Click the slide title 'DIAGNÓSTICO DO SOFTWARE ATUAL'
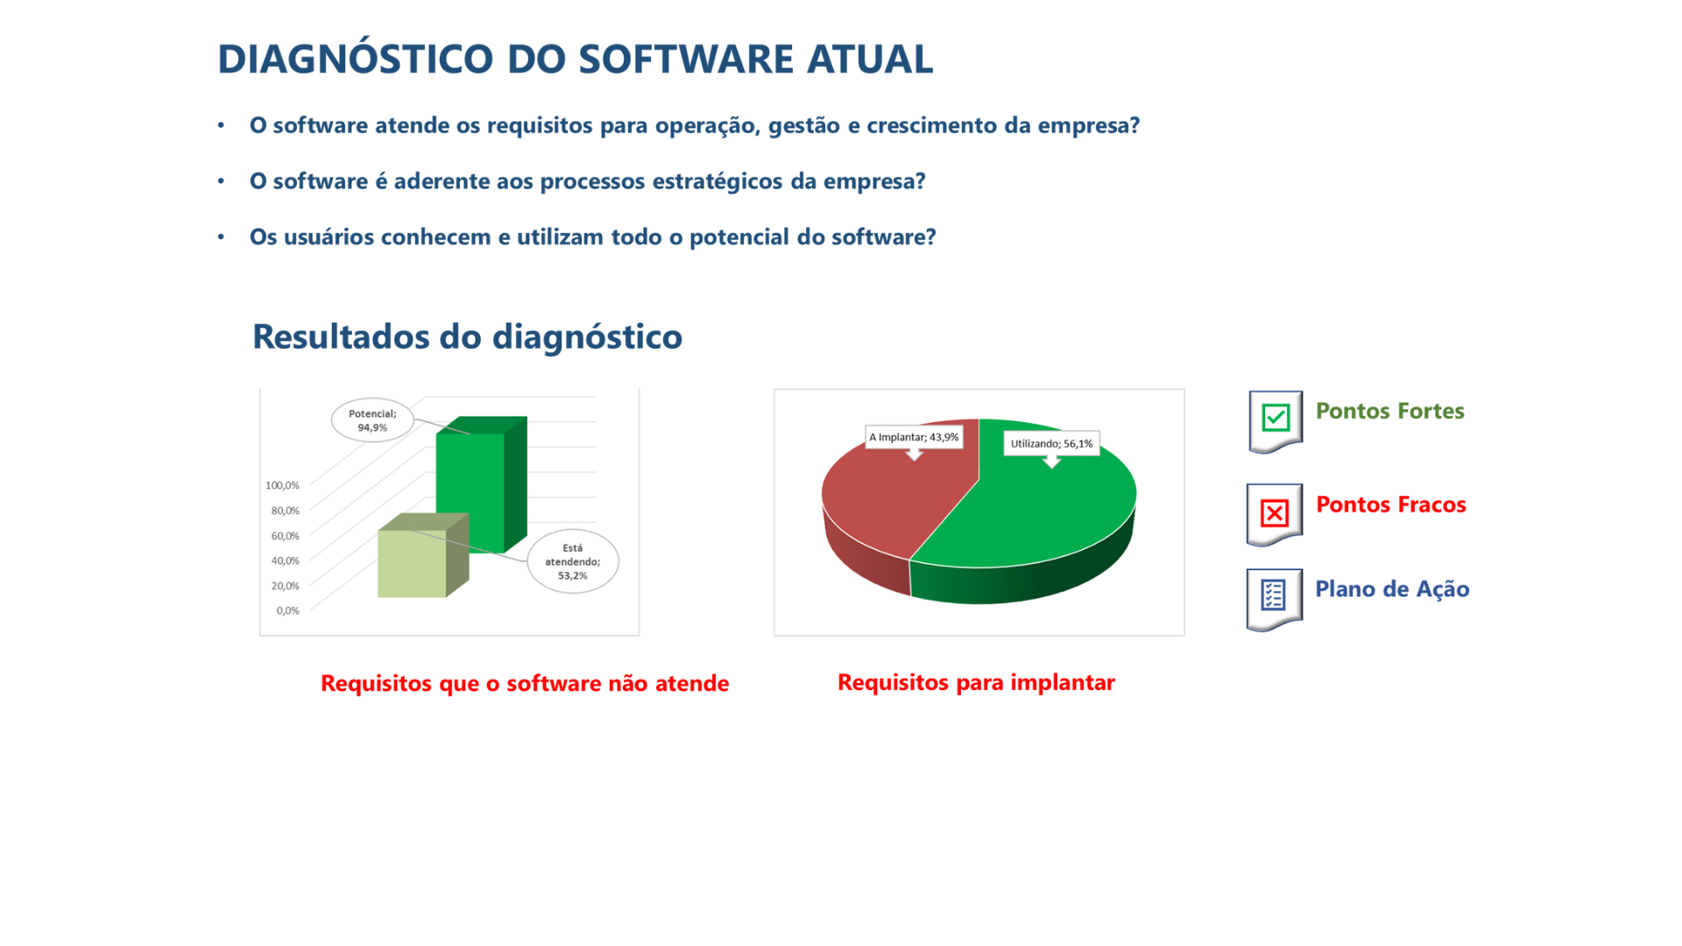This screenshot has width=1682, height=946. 575,59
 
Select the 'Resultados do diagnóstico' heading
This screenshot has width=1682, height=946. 467,336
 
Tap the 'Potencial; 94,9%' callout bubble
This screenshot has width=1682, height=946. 372,420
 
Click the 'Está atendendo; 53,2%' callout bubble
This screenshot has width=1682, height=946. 573,561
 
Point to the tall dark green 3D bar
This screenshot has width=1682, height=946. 480,486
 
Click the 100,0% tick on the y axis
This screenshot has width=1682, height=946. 282,485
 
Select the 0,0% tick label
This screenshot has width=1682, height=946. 287,611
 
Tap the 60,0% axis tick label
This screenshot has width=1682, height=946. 285,535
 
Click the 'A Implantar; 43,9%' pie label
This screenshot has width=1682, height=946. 914,437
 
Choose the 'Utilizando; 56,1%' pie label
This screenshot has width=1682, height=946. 1051,444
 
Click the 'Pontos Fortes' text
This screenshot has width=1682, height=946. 1389,411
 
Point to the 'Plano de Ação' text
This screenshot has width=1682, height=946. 1392,589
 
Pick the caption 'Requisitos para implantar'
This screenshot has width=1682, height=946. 976,682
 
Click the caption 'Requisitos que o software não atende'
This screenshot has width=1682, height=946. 525,683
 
